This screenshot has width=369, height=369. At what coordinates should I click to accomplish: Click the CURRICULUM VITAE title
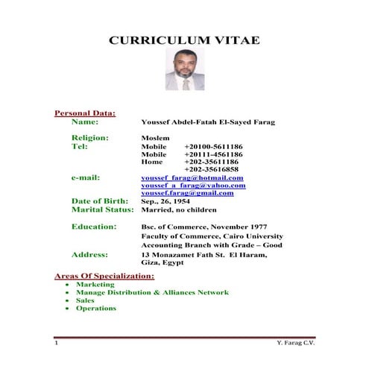coord(184,40)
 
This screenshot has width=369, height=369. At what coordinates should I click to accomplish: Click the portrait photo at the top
coord(183,72)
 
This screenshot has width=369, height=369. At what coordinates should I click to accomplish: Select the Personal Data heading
coord(85,113)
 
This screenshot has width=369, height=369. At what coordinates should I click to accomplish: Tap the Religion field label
coord(90,138)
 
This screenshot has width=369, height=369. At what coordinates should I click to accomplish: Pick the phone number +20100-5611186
coord(213,147)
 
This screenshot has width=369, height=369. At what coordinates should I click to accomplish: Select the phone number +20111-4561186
coord(213,154)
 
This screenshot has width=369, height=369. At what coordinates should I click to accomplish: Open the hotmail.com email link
coord(192,178)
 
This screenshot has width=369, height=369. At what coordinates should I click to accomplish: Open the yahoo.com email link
coord(193,186)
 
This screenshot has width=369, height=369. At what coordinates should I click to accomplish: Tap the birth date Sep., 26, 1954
coord(168,201)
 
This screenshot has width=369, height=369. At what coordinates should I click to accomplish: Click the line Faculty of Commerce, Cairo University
coord(212,236)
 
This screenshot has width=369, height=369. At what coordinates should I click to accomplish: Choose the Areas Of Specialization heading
coord(105,276)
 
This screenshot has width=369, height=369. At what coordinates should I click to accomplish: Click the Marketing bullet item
coord(95,285)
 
